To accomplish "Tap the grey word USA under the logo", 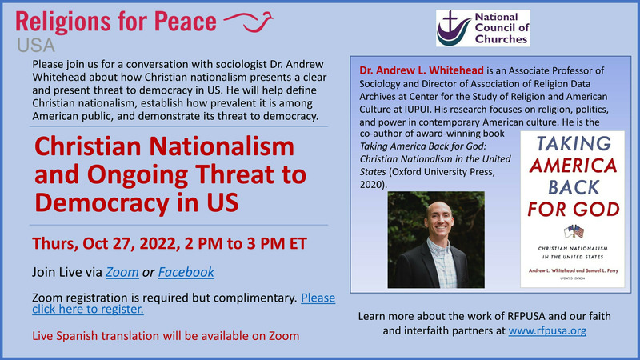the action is (x=36, y=46).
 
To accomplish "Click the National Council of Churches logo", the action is (x=483, y=28).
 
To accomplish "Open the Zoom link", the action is (x=122, y=272).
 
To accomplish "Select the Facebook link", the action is (x=186, y=272).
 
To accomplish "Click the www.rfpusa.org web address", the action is (x=547, y=330).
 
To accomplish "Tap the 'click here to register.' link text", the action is (x=88, y=309).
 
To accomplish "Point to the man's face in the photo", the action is (x=438, y=218).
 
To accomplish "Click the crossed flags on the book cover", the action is (x=574, y=232).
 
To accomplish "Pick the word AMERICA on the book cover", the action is (x=573, y=166).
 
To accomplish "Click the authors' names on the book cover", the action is (x=573, y=270).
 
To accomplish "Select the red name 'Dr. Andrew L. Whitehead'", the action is (x=422, y=70).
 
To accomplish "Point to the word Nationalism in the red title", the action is (x=222, y=146).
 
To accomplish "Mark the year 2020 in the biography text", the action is (x=371, y=185).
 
